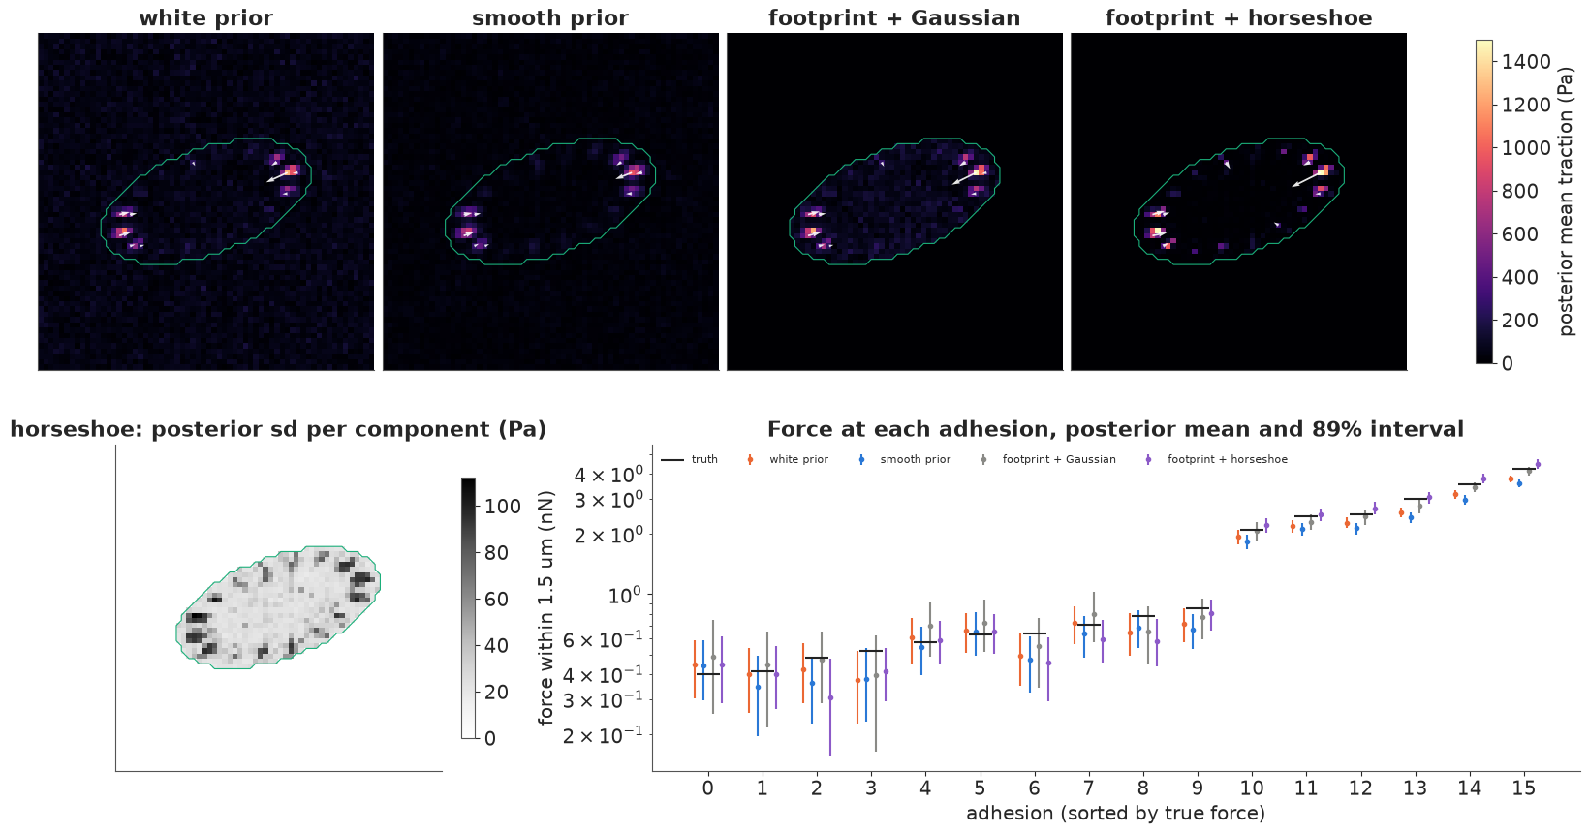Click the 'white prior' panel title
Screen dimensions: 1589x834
point(205,17)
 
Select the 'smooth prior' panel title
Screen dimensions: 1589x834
point(549,17)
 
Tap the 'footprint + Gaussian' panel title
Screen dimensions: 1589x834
point(893,17)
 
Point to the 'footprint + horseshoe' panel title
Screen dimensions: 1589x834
point(1238,17)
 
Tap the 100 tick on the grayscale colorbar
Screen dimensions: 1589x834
point(503,507)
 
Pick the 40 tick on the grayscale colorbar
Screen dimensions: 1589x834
point(496,645)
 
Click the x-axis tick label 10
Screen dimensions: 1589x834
point(1252,788)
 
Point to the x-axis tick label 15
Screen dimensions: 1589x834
point(1524,788)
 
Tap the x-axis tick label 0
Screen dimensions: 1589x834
point(708,788)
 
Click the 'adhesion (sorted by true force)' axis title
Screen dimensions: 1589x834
point(1116,813)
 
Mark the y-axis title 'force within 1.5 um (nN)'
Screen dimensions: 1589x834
point(546,607)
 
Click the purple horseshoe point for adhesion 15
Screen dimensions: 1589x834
point(1538,465)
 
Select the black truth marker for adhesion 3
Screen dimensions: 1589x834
point(871,651)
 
